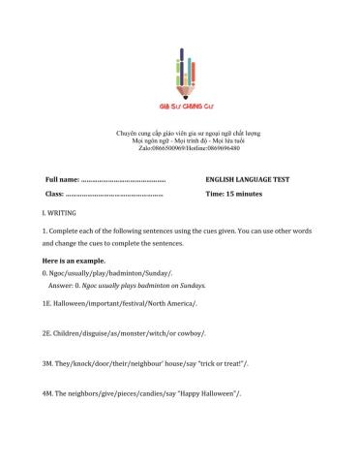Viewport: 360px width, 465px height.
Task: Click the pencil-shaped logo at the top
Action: pyautogui.click(x=180, y=68)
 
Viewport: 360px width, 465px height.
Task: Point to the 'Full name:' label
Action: pyautogui.click(x=60, y=179)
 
